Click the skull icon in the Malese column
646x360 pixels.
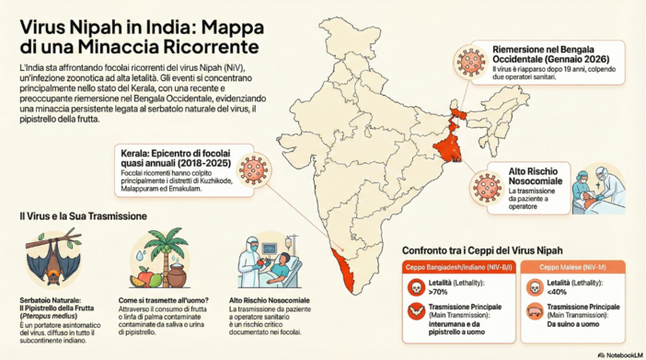click(x=533, y=288)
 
